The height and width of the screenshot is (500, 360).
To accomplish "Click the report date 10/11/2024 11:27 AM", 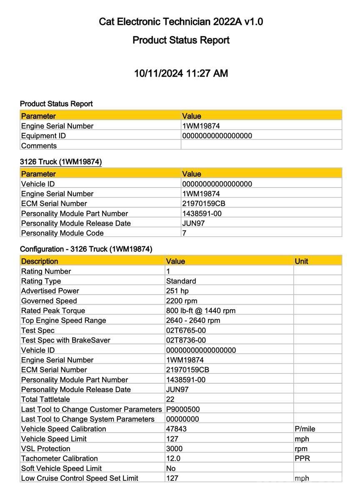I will (x=181, y=73).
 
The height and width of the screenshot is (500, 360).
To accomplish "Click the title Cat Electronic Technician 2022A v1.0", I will (x=181, y=22).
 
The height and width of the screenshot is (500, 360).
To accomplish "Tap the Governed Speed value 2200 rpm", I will (x=182, y=301).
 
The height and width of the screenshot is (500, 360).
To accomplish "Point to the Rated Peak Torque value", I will (x=201, y=310).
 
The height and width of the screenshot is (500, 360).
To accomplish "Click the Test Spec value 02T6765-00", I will (x=186, y=330).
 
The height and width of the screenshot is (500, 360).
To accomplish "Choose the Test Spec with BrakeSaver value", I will (x=186, y=340).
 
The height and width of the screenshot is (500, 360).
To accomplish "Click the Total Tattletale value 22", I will (x=170, y=400).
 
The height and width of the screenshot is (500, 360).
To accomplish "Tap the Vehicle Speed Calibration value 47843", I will (x=176, y=429).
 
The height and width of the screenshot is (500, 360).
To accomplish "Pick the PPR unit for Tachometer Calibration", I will (x=302, y=458).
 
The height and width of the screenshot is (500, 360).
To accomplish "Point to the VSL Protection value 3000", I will (x=174, y=449).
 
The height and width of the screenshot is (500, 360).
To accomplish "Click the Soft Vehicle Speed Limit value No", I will (x=171, y=468).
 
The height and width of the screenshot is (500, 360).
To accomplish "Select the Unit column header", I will (x=301, y=261).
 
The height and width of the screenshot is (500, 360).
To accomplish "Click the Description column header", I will (x=40, y=261).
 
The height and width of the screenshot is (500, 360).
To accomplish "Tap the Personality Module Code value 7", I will (x=184, y=233).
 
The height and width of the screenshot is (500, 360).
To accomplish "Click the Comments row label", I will (x=39, y=146).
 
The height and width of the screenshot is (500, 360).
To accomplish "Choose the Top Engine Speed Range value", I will (x=193, y=320).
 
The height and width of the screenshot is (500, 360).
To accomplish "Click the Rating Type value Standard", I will (x=181, y=281).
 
